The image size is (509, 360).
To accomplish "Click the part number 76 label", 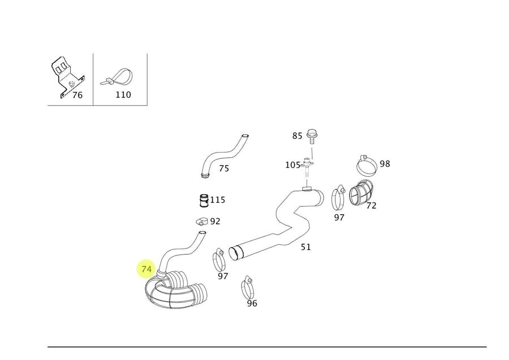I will (x=77, y=95).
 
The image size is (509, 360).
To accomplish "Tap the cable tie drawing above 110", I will (x=117, y=78).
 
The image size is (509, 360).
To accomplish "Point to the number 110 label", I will (x=123, y=95).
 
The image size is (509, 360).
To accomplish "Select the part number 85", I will (x=297, y=136).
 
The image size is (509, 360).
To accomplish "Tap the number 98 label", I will (x=385, y=164).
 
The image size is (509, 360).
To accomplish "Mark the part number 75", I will (x=224, y=168).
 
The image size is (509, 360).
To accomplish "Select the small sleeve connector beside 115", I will (x=203, y=200).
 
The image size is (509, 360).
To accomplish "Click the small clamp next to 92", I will (x=201, y=222).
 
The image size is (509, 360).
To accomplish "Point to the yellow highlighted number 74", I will (x=147, y=269).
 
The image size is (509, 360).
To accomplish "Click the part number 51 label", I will (x=305, y=247).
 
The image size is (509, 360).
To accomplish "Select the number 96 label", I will (x=252, y=303).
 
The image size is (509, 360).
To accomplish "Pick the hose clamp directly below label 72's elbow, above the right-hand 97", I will (x=339, y=196).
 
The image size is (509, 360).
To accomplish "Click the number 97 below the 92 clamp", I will (x=223, y=276).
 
